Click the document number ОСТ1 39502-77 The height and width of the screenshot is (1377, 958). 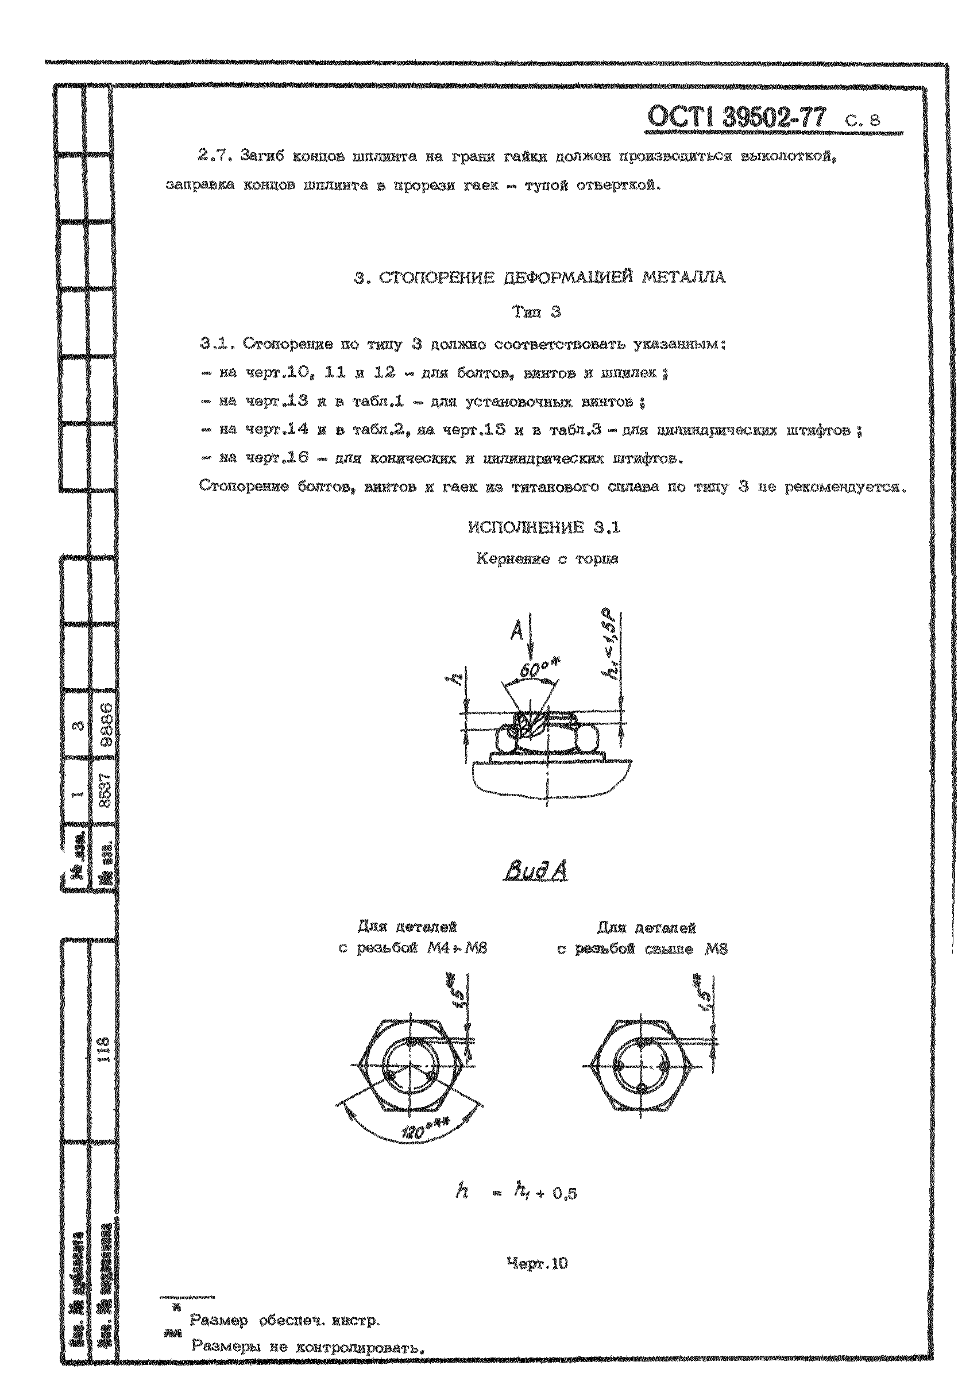(736, 117)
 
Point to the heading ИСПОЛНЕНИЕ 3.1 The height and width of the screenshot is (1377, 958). (544, 527)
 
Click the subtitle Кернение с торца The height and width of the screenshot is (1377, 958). (547, 559)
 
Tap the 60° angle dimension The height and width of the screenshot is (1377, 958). (534, 672)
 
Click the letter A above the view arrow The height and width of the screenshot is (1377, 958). (517, 630)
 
